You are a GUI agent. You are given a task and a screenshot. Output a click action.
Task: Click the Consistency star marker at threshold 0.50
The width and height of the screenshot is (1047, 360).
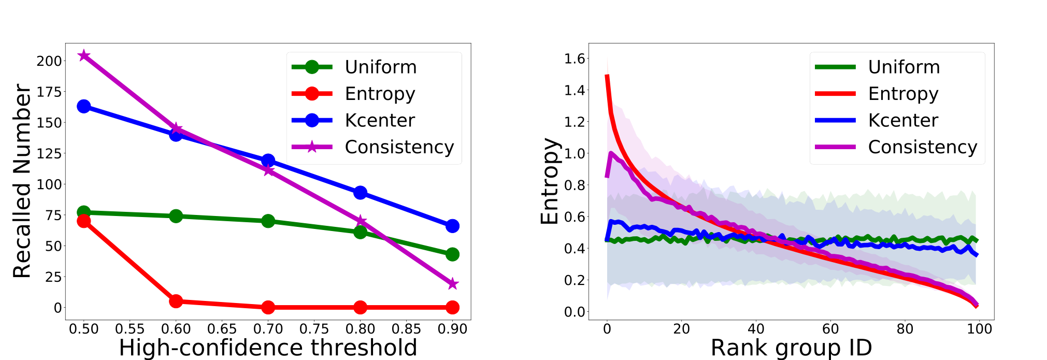(84, 55)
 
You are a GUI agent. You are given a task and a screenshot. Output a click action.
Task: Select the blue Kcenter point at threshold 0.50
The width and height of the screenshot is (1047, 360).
(84, 106)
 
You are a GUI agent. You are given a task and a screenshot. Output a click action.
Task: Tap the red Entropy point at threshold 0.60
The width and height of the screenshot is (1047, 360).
(176, 301)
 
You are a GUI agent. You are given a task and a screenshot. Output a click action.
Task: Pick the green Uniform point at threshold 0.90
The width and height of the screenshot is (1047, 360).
(452, 254)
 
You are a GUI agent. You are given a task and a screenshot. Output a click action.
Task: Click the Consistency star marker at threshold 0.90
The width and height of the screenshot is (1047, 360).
(452, 284)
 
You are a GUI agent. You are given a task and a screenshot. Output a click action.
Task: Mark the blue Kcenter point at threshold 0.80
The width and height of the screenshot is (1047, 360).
(360, 193)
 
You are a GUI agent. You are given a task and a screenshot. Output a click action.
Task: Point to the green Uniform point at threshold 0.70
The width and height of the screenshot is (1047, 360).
(268, 221)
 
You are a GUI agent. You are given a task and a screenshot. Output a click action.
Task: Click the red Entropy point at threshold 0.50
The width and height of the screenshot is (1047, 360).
(84, 221)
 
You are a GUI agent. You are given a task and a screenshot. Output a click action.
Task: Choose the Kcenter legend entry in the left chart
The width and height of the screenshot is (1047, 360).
(354, 121)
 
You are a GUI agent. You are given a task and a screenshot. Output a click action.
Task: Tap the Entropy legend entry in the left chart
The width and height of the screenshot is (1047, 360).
(354, 94)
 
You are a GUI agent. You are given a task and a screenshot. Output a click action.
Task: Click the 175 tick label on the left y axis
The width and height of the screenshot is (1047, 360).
(49, 92)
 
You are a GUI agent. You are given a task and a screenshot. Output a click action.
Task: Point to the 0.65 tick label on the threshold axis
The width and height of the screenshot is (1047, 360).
(222, 329)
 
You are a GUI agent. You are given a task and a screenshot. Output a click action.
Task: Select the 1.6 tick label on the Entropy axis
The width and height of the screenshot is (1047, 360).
(575, 59)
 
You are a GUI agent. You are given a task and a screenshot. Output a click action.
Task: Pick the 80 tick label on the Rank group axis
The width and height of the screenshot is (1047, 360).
(905, 329)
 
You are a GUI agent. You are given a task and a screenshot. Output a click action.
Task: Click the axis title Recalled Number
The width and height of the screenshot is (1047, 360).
(22, 181)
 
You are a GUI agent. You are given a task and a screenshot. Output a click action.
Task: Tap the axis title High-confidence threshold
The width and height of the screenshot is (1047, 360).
(268, 348)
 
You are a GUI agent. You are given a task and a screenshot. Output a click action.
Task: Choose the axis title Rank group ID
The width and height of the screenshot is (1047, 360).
(791, 348)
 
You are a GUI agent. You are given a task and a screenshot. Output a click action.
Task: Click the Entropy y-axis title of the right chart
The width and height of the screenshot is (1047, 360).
(550, 181)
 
